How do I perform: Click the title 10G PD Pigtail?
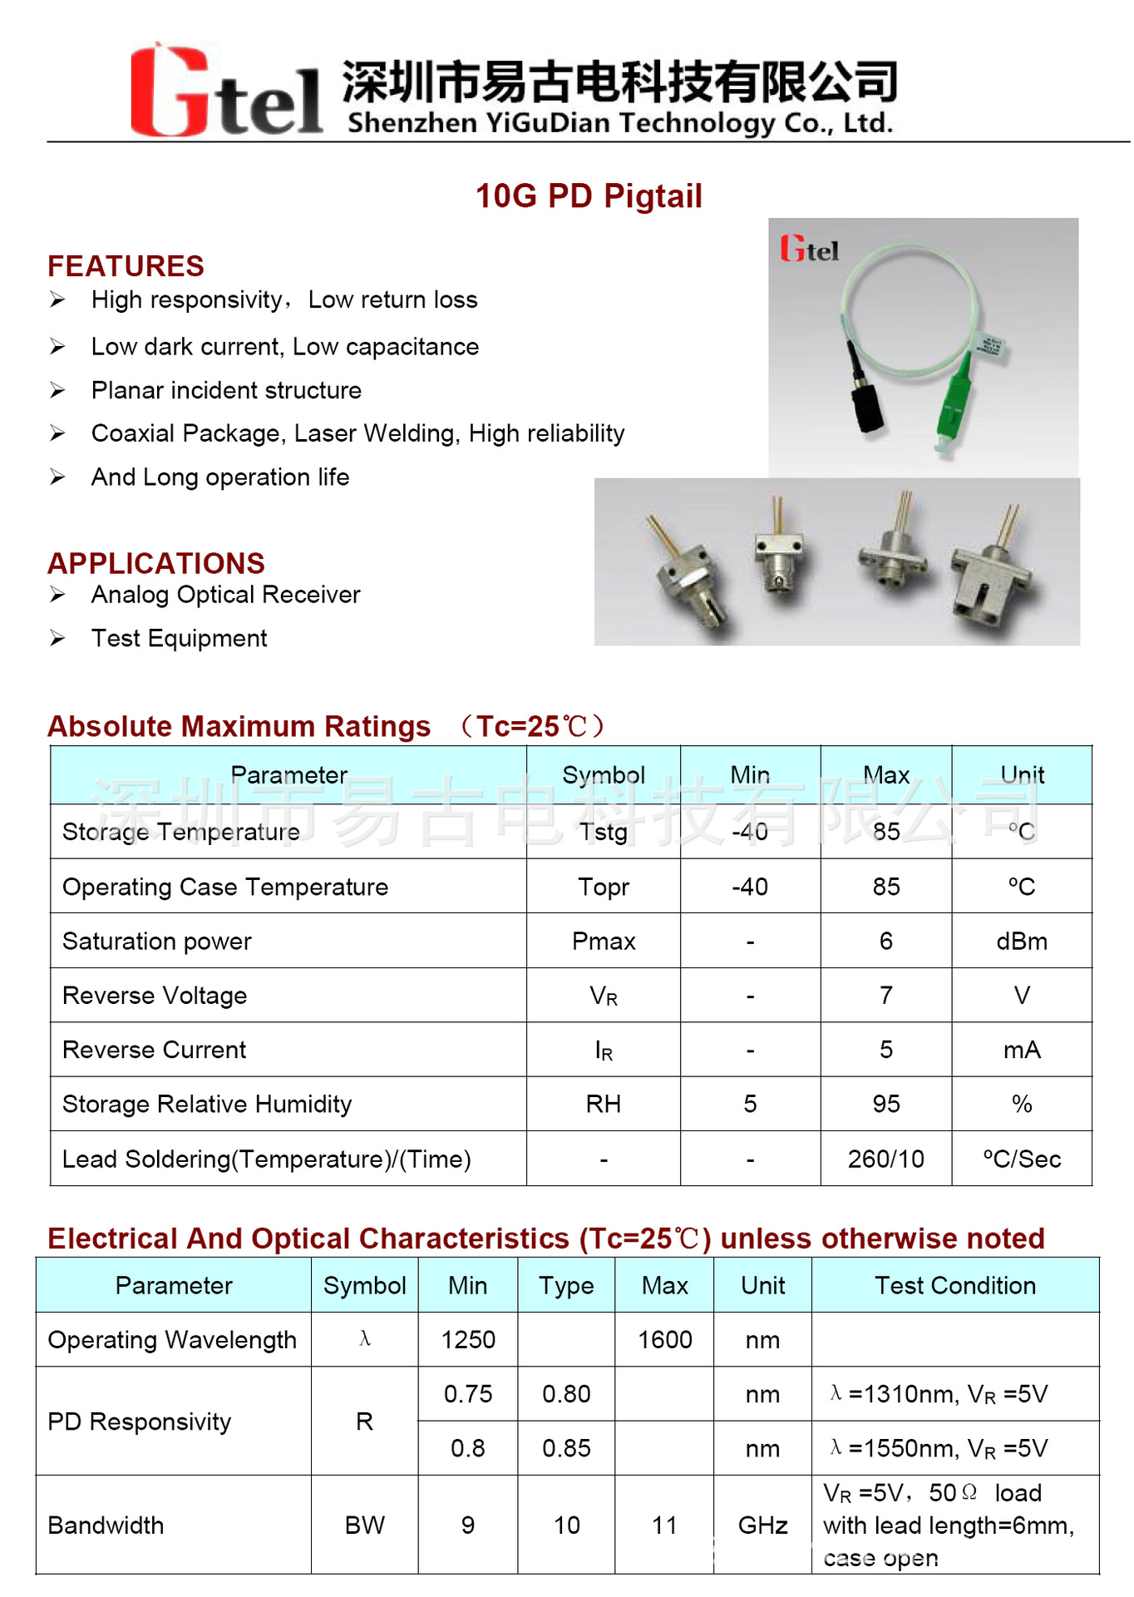tap(589, 196)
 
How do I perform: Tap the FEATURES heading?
tap(126, 266)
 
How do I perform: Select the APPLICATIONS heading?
tap(155, 563)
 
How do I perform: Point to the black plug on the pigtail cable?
tap(866, 403)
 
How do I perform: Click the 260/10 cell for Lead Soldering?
tap(885, 1159)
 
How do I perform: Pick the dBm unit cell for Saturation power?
tap(1021, 942)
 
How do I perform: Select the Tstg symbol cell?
tap(604, 832)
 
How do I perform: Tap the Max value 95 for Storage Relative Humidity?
tap(885, 1104)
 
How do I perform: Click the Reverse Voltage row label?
tap(155, 996)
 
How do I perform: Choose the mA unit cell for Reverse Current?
tap(1021, 1050)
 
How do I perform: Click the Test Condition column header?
tap(954, 1286)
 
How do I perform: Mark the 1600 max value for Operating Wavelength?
tap(664, 1340)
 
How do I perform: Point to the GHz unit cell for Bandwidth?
tap(762, 1525)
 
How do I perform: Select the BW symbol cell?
tap(364, 1525)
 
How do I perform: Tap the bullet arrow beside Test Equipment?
tap(57, 639)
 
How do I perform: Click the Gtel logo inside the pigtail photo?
tap(809, 250)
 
